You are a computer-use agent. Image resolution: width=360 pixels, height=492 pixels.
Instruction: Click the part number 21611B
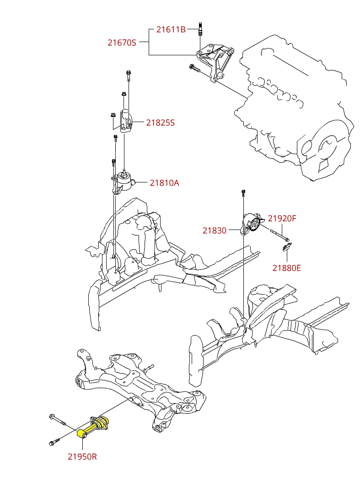(171, 30)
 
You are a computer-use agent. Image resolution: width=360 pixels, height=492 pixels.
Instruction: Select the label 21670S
(122, 43)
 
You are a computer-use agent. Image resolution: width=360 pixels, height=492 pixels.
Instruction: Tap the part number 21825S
(161, 123)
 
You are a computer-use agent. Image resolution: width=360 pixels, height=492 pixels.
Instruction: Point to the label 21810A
(165, 182)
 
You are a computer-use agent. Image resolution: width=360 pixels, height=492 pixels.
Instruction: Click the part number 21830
(215, 230)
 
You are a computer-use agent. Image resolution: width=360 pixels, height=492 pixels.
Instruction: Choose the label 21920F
(282, 219)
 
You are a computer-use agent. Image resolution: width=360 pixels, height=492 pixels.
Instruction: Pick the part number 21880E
(286, 268)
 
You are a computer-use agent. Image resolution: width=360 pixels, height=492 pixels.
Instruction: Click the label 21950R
(82, 456)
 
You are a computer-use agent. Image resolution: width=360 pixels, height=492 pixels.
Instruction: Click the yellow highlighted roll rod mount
(93, 426)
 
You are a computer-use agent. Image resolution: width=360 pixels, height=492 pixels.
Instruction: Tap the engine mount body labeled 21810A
(123, 182)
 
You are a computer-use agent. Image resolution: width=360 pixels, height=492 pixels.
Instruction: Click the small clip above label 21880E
(286, 247)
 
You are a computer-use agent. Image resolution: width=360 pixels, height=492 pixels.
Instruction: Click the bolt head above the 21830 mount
(243, 192)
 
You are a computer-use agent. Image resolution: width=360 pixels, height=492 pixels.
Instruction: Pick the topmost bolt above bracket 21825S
(129, 75)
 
